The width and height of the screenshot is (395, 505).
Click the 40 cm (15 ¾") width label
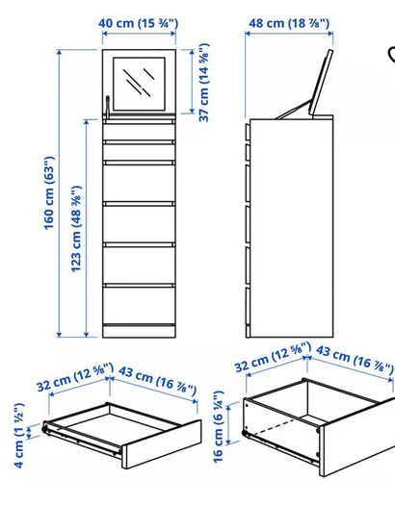tap(138, 23)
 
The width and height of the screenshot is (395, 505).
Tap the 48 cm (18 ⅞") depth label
tap(289, 23)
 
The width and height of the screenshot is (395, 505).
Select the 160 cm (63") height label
tap(49, 193)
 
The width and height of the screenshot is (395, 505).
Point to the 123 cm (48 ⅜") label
tap(76, 229)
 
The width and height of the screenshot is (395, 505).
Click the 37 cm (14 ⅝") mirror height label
tap(204, 83)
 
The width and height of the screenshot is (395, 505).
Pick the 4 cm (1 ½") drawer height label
tap(18, 435)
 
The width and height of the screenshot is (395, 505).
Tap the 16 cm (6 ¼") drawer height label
tap(219, 427)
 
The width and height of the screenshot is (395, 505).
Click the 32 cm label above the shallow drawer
tap(75, 376)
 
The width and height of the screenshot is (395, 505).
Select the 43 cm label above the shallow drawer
tap(158, 380)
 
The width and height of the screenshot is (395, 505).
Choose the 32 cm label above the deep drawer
tap(273, 357)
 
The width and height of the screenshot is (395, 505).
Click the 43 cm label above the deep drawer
tap(355, 360)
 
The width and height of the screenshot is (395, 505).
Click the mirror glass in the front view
tap(139, 84)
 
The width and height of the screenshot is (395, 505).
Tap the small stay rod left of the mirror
tap(107, 107)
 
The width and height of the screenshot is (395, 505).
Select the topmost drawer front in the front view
tap(140, 132)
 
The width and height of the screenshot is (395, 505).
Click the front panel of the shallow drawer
tap(161, 443)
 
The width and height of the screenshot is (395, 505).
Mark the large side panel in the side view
tap(292, 228)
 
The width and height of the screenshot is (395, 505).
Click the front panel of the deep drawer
tap(357, 437)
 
